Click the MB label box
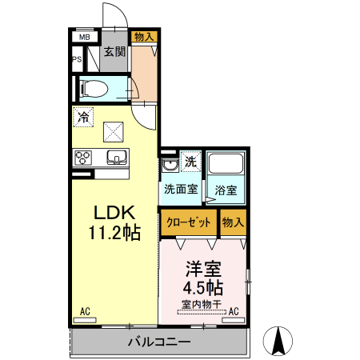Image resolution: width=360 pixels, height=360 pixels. pos(84,37)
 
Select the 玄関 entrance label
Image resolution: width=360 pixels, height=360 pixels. pos(114,53)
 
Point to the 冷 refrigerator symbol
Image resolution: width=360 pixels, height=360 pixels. pos(83,117)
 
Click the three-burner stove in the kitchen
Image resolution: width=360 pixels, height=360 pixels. pos(83,158)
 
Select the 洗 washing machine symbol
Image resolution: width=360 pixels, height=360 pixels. pos(190,162)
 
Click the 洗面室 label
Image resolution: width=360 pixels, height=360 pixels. pos(181,190)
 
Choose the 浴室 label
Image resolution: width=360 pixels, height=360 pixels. pos(226,190)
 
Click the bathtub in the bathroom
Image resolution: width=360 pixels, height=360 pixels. pos(226,166)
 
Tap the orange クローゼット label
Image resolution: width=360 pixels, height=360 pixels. pos(189,222)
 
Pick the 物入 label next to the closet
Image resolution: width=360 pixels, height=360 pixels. pos(233,222)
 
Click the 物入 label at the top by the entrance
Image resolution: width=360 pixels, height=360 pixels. pos(144,37)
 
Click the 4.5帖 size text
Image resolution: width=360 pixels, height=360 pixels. pos(204,286)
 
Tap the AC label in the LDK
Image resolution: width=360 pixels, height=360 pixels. pos(85,312)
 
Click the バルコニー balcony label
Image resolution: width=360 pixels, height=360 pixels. pos(159,342)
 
